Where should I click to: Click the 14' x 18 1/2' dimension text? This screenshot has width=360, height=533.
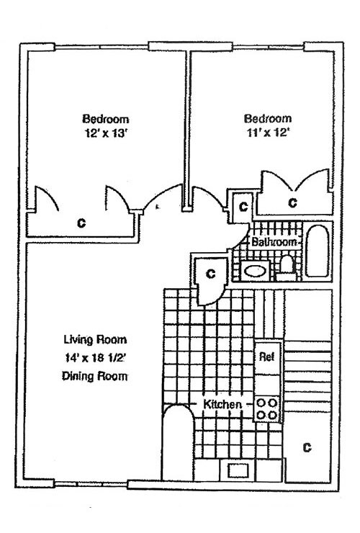point(95,357)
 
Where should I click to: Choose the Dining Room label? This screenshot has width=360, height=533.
point(95,376)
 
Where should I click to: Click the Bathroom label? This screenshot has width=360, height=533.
point(274,243)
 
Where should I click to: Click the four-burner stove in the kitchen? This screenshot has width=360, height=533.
point(267,409)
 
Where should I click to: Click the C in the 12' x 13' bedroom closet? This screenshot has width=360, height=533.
point(81,223)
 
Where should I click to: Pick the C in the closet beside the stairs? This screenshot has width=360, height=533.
point(306,448)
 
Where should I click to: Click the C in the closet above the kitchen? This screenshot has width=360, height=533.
point(210,274)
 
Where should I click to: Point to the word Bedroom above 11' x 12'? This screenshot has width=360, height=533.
point(268,119)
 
